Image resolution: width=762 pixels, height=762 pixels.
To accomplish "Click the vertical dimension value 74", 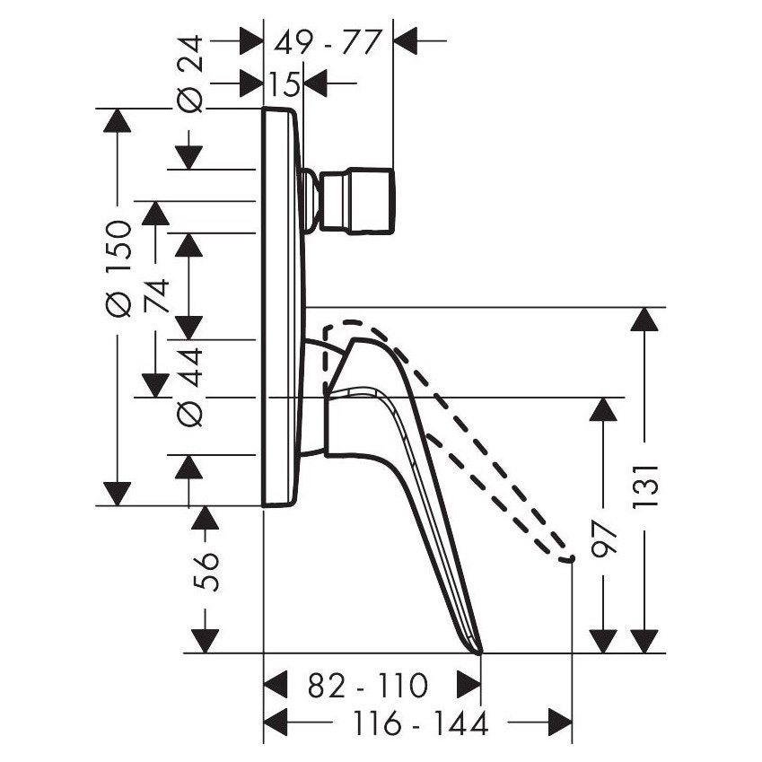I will (158, 293).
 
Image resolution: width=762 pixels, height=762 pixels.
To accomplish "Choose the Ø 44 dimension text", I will (190, 387).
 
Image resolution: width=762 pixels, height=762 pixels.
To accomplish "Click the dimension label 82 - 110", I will (366, 687).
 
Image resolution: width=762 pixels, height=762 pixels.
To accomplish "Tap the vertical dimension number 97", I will (607, 539).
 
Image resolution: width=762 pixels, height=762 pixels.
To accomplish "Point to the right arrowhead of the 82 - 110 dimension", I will (469, 686).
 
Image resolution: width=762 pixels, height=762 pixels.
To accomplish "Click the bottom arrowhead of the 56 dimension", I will (206, 640).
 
